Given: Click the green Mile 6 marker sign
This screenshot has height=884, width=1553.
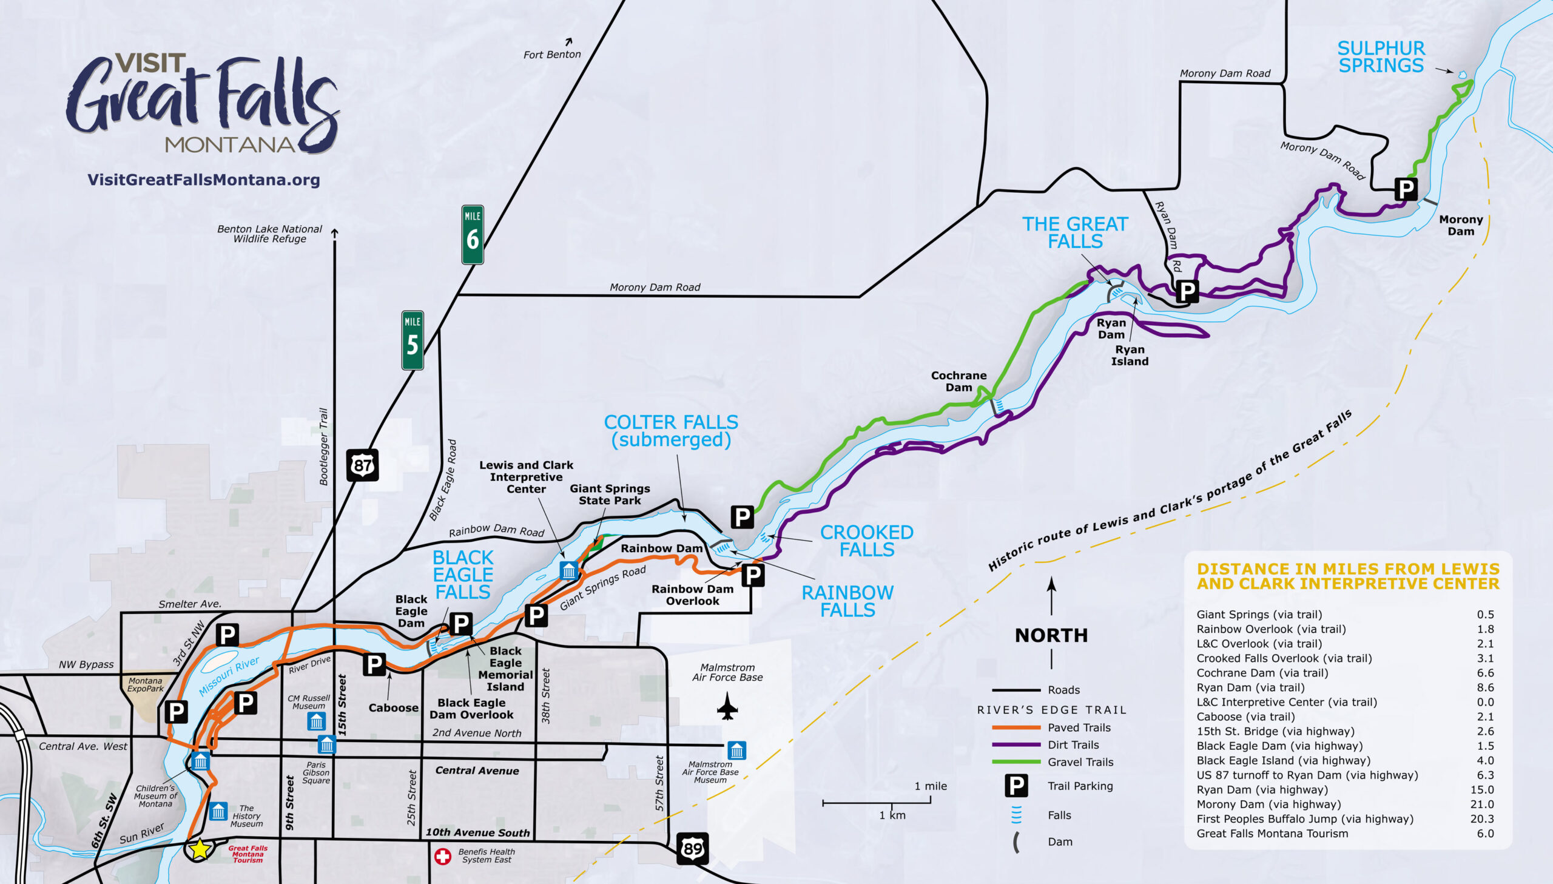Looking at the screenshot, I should click(472, 234).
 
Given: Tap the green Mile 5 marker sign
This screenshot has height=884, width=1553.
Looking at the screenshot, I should click(412, 340).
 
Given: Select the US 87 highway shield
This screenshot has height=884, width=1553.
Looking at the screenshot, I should click(362, 465).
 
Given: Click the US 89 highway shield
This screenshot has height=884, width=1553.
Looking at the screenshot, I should click(692, 848).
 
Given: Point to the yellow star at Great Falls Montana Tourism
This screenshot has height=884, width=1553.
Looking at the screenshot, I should click(200, 849).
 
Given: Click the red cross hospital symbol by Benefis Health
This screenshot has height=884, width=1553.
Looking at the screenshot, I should click(442, 856).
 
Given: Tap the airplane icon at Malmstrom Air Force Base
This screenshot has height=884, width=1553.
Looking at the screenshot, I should click(727, 706).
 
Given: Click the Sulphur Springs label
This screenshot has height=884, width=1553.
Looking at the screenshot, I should click(1381, 56).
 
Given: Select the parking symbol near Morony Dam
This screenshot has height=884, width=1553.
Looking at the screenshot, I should click(1406, 189).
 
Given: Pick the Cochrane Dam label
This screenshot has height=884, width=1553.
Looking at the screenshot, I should click(958, 381).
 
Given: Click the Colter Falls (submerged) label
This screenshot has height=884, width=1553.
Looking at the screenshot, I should click(670, 430).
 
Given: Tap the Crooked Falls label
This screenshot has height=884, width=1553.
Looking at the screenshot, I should click(866, 541).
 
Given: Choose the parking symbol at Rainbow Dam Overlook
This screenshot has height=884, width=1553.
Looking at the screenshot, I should click(752, 575).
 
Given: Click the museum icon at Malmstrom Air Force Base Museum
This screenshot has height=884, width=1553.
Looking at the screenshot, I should click(736, 751).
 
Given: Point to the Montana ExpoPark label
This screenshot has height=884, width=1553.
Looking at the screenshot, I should click(145, 684).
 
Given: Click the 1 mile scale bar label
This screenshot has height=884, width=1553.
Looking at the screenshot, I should click(931, 786).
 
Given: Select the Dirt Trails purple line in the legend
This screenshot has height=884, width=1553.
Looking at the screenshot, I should click(1016, 744).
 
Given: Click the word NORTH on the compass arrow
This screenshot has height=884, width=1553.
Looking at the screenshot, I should click(1051, 635).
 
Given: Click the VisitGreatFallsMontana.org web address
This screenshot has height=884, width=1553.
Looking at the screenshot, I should click(203, 180).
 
